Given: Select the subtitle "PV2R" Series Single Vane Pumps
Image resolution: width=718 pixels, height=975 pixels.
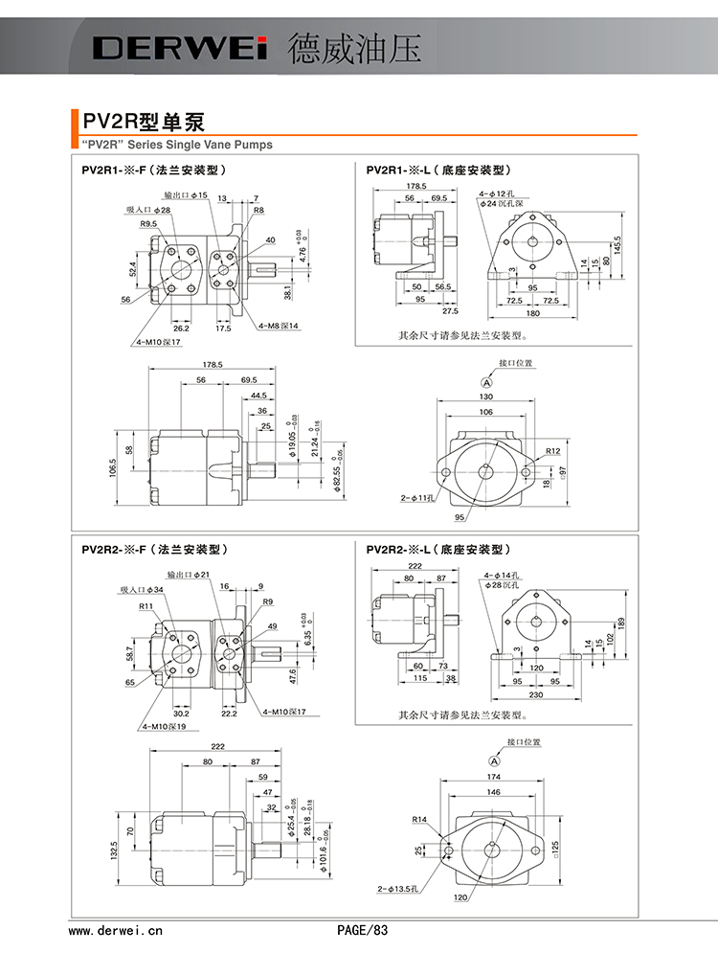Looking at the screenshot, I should point(172,146).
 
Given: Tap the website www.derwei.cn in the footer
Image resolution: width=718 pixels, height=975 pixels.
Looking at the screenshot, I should point(116,929).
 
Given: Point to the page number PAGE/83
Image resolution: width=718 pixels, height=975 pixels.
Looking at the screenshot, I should point(364,929).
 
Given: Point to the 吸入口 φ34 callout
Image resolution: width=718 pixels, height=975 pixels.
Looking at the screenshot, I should point(141,590).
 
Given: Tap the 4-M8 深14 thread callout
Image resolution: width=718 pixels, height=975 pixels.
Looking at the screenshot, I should point(279,327).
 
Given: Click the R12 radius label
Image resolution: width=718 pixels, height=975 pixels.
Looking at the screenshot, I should point(552,450).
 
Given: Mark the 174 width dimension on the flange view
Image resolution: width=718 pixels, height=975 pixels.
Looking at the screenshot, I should point(493,776).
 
